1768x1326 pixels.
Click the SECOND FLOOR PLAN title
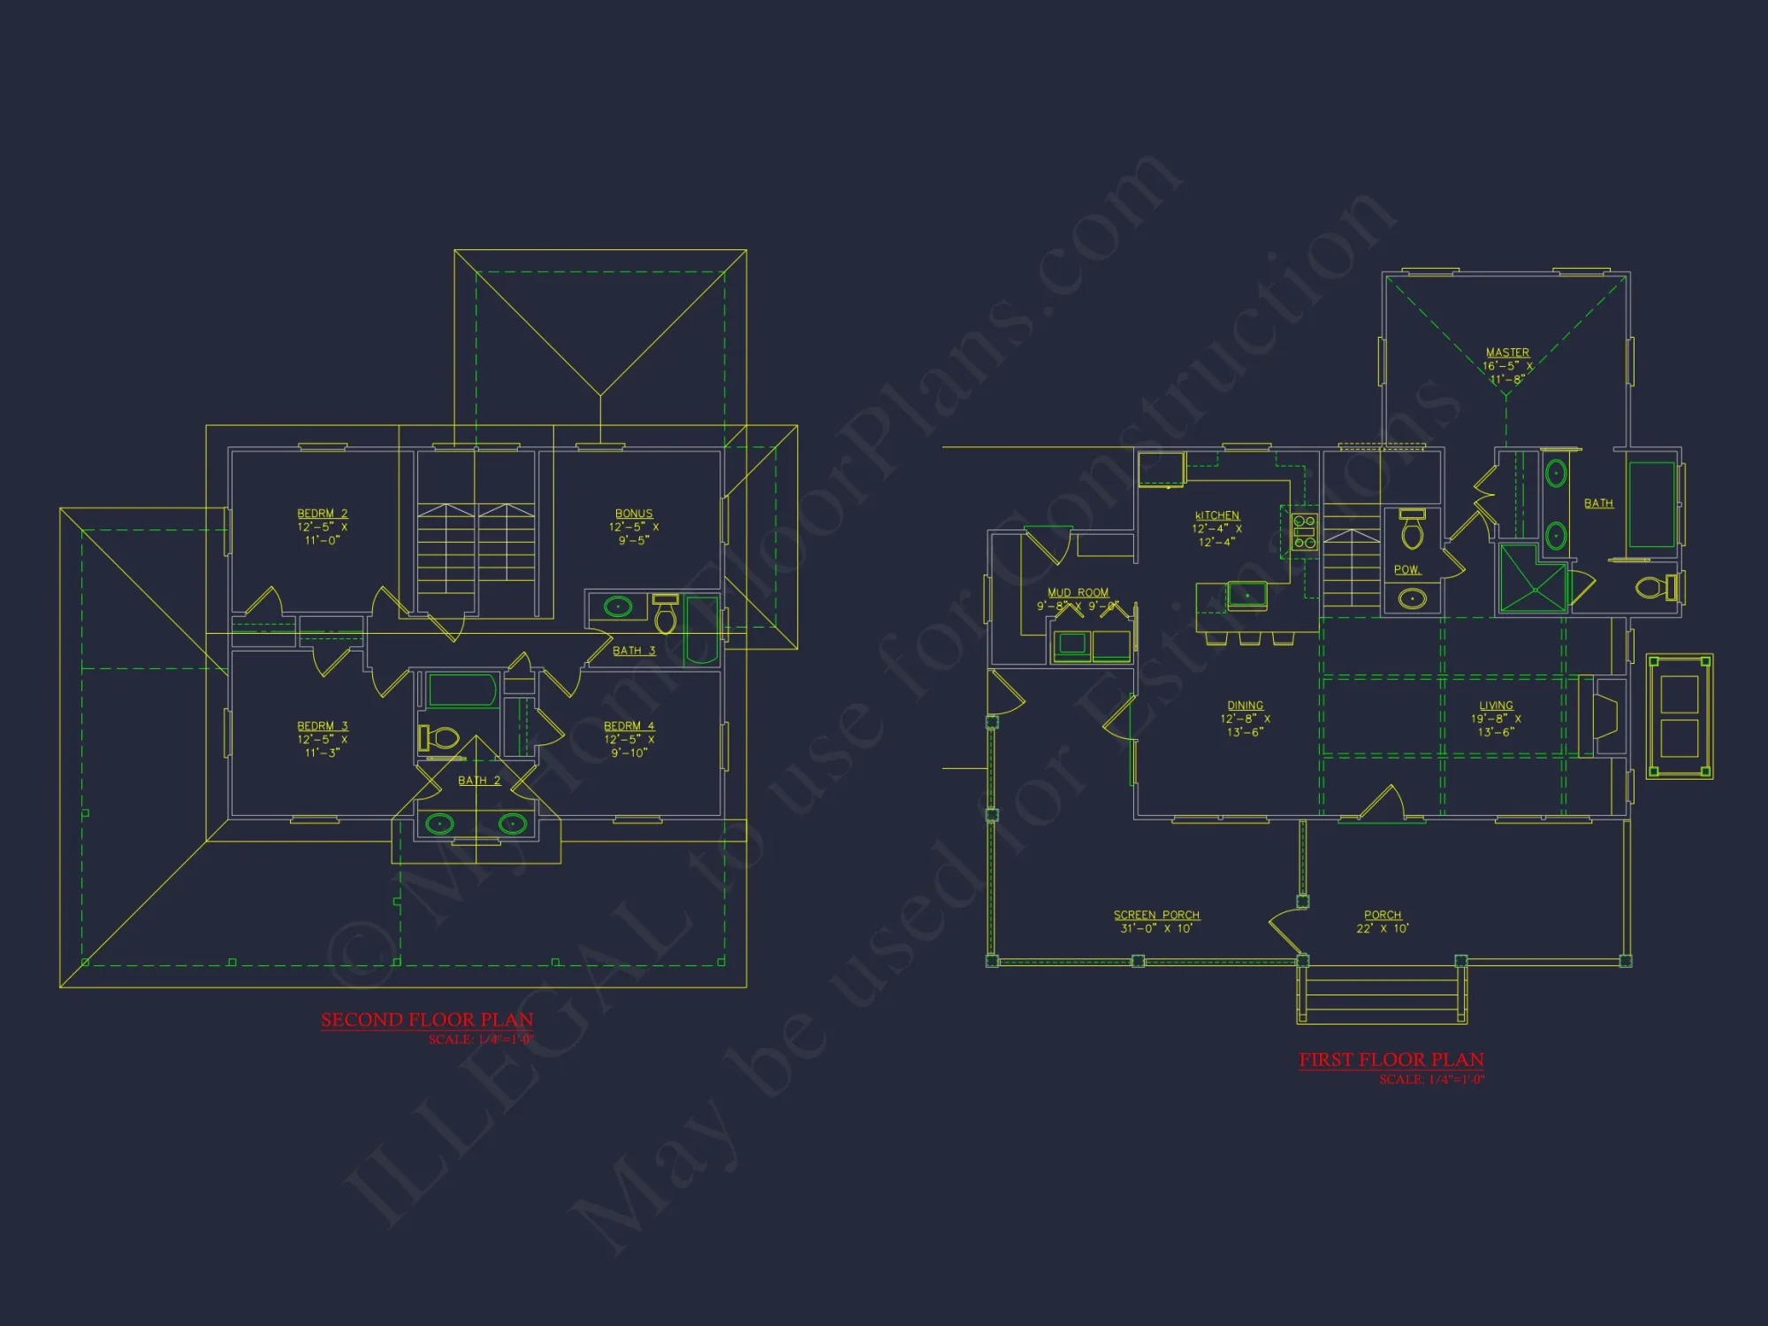click(427, 1019)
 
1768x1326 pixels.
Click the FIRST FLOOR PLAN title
click(1391, 1059)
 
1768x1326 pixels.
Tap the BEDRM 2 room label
click(323, 514)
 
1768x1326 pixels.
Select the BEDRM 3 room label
click(323, 726)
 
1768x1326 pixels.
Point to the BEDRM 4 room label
click(629, 726)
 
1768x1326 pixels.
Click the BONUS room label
click(634, 514)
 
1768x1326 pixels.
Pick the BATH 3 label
click(634, 651)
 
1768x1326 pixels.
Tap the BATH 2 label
click(479, 781)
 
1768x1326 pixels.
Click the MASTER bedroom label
click(1507, 353)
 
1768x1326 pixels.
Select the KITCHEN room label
click(1217, 515)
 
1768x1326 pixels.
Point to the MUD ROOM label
click(1078, 592)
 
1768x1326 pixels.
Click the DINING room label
click(1245, 705)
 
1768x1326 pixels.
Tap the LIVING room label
click(1496, 705)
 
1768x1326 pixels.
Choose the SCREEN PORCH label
click(1156, 915)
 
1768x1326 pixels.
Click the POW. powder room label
click(1406, 570)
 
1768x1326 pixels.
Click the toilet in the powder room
click(1413, 531)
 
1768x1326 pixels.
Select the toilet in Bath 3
click(666, 615)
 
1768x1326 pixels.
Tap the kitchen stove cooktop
click(1304, 531)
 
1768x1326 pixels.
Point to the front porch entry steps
click(1382, 994)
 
